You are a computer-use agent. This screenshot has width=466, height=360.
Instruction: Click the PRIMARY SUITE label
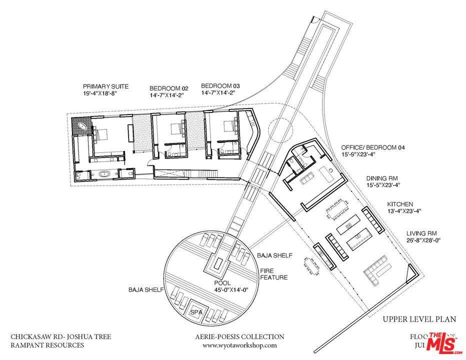(105, 86)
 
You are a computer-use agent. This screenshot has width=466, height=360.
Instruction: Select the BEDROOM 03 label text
(217, 85)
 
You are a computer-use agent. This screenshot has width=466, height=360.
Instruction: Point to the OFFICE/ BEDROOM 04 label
(372, 148)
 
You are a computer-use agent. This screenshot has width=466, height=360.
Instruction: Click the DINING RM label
(384, 177)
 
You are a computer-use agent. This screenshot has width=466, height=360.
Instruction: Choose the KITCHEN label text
(400, 204)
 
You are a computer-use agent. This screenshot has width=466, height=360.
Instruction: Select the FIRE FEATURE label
(273, 274)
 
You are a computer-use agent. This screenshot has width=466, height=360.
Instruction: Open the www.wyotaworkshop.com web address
(239, 345)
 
